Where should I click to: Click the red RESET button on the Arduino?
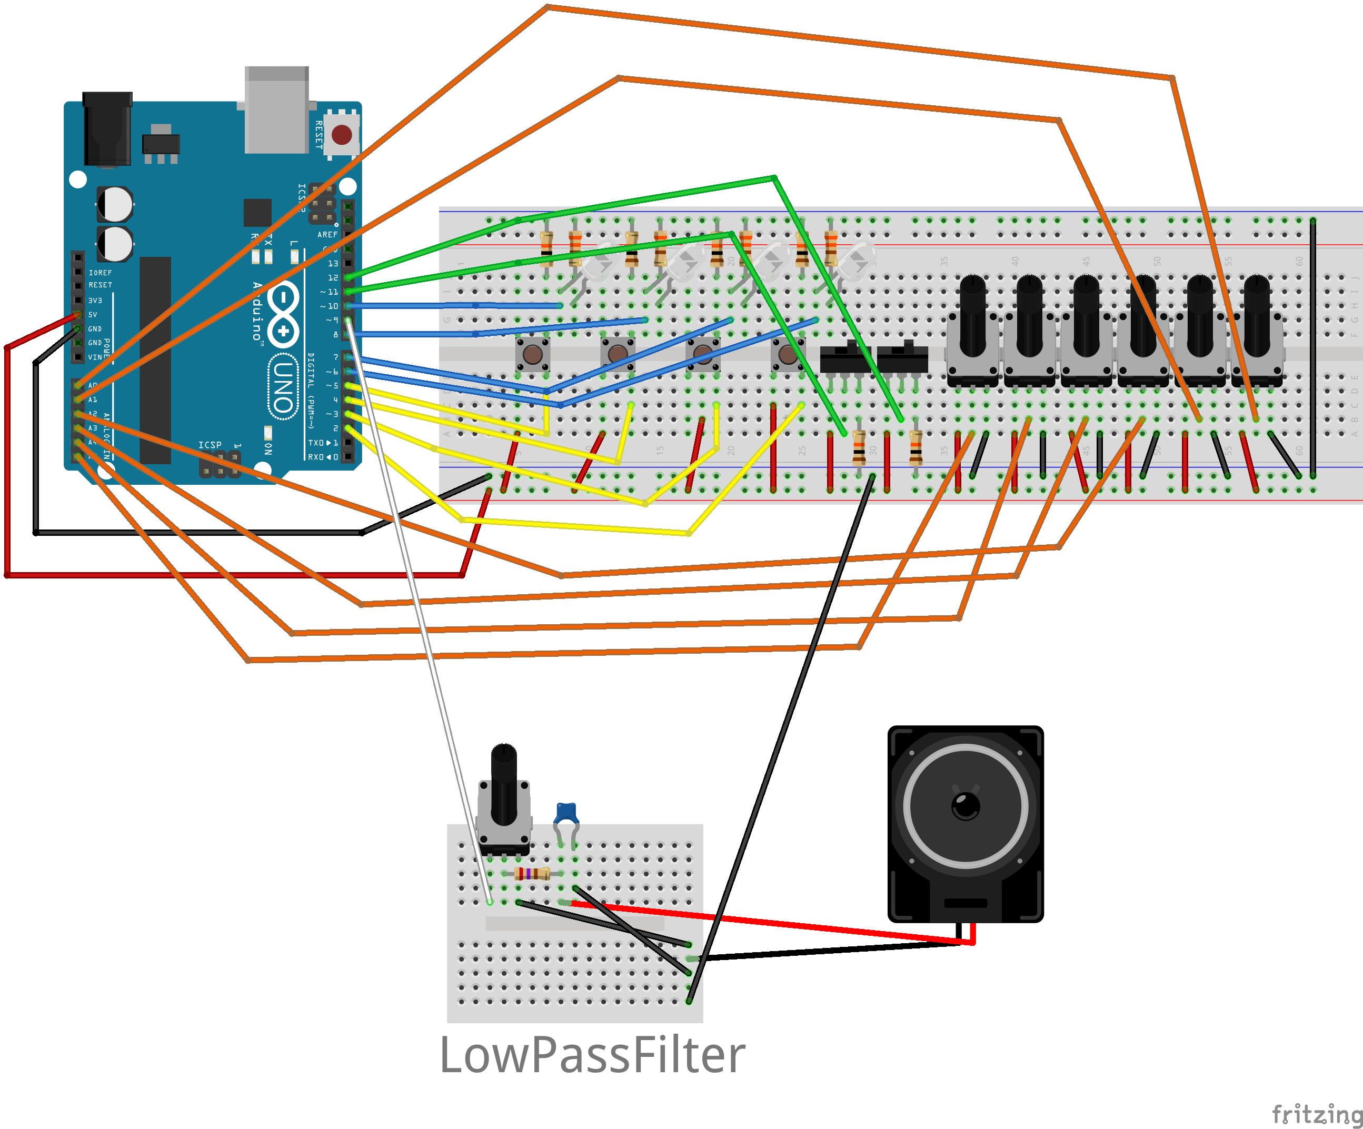(341, 135)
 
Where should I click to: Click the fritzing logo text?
(1316, 1113)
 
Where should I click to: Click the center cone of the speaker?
(965, 806)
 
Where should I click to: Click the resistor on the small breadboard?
(532, 873)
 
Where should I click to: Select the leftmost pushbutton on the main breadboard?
(533, 354)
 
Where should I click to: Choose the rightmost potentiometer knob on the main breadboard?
(1257, 315)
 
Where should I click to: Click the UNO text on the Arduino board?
(283, 387)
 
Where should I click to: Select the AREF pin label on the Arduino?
(327, 235)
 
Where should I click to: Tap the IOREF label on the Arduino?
(100, 273)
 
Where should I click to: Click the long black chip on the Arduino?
(155, 360)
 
